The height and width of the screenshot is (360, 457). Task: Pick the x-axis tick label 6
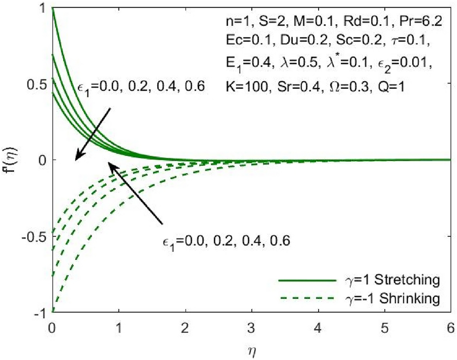(x=451, y=327)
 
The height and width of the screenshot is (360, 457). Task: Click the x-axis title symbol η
(x=251, y=351)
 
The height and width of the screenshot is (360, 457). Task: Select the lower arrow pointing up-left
(x=135, y=193)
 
